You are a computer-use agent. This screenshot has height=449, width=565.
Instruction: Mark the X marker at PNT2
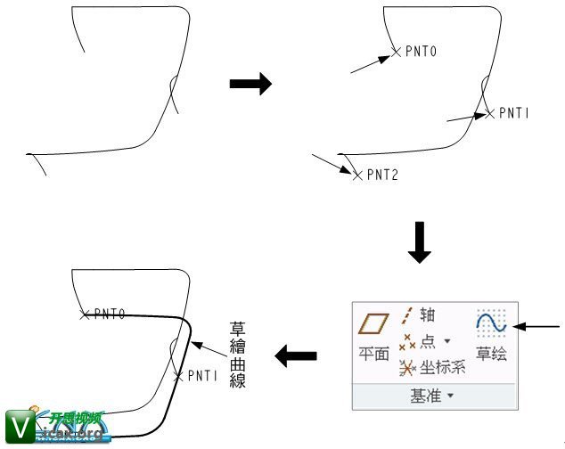pos(357,176)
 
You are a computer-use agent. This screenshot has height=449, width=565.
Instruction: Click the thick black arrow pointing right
pos(250,84)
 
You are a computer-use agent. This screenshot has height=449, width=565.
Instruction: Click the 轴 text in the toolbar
pos(427,315)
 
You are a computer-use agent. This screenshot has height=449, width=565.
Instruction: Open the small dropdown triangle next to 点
pos(447,340)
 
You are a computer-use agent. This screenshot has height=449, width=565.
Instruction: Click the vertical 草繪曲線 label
pos(237,355)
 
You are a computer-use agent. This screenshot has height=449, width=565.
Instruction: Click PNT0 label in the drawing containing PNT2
pos(422,52)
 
